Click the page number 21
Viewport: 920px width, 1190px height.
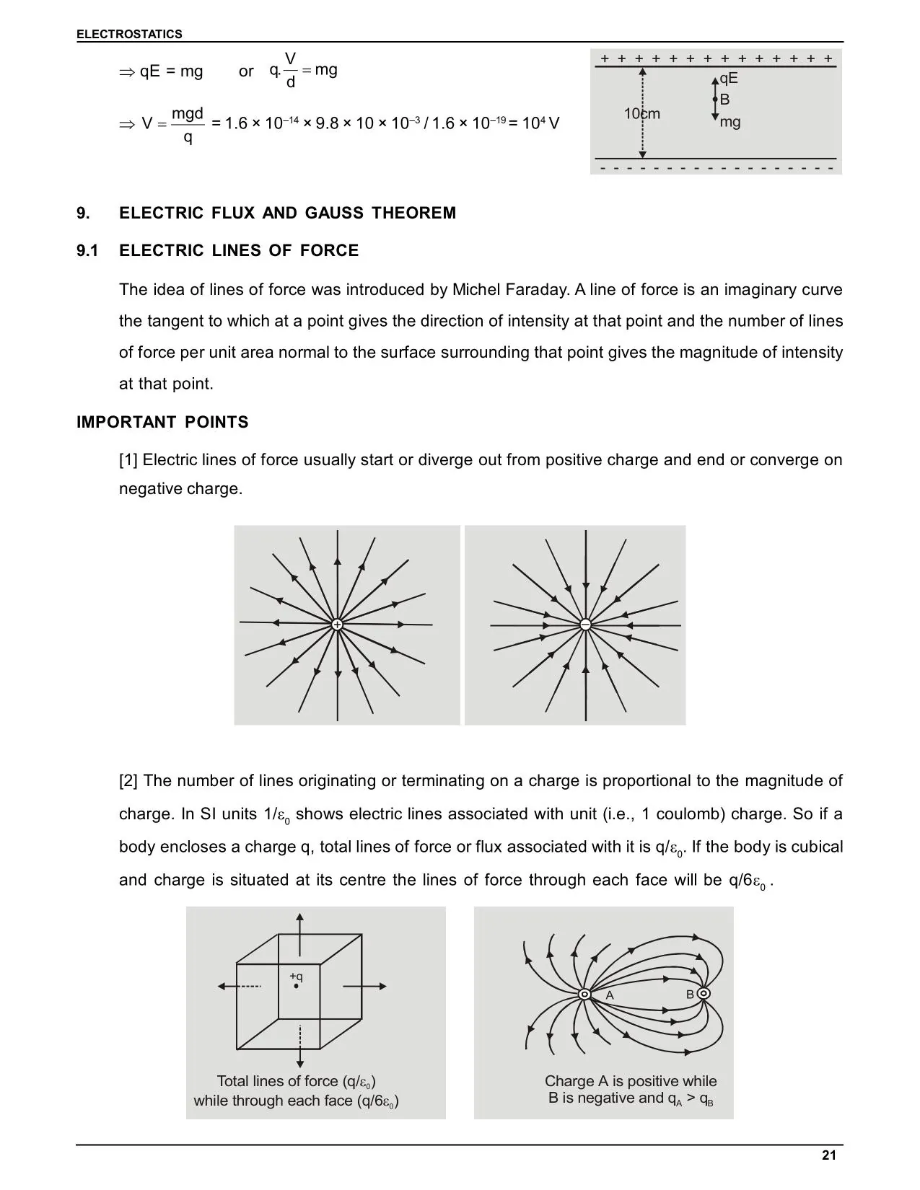point(828,1155)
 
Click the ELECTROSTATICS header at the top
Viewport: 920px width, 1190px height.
point(129,34)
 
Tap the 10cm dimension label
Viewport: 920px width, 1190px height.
point(641,114)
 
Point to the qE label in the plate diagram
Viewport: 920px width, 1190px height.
point(729,79)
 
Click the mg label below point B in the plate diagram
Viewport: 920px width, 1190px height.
point(730,122)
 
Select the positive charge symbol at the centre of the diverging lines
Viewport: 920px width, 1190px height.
point(337,625)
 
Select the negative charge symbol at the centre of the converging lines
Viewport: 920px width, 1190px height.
point(585,625)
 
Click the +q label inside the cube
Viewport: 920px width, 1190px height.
point(296,977)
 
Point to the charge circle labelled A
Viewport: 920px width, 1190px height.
point(585,995)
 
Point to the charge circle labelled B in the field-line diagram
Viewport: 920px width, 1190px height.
point(704,994)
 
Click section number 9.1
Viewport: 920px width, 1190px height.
point(87,250)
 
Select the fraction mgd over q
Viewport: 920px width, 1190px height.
point(188,125)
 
